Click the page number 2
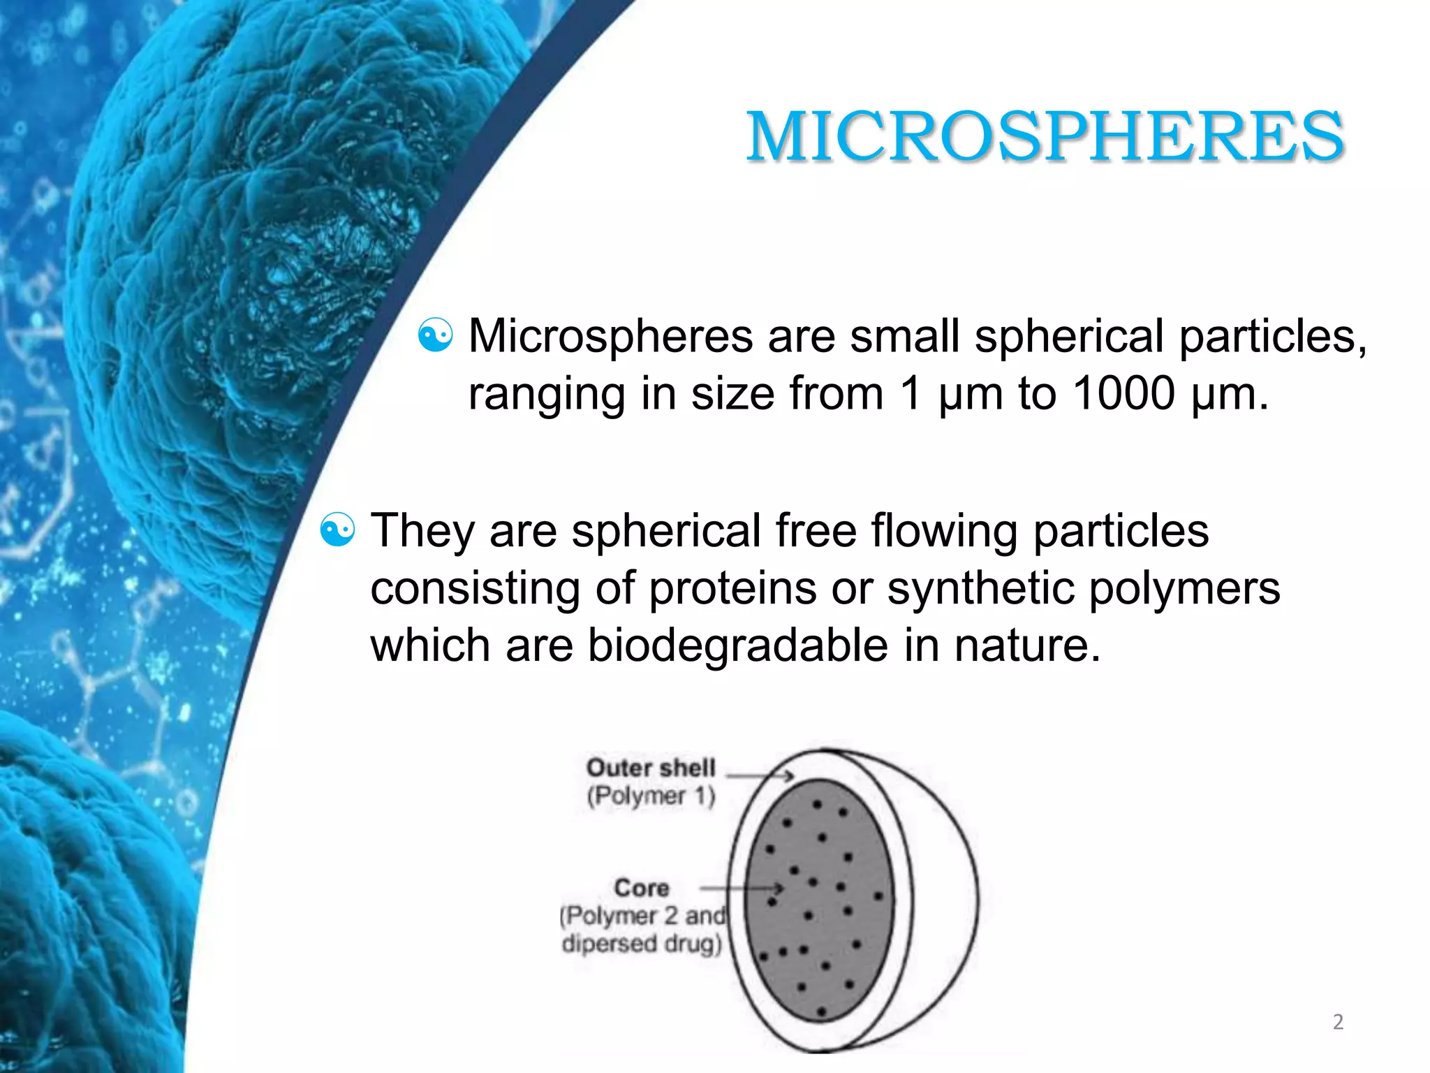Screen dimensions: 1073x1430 tap(1338, 1021)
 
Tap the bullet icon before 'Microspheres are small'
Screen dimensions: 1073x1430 tap(435, 335)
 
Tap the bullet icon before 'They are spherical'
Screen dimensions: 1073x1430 tap(337, 530)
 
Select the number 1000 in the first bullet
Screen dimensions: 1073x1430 tap(1123, 393)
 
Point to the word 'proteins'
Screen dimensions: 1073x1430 tap(733, 588)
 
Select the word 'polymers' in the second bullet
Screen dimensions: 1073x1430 tap(1184, 588)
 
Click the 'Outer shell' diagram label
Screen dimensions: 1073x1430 tap(651, 768)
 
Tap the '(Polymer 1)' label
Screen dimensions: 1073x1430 tap(651, 796)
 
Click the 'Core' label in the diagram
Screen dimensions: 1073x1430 tap(641, 888)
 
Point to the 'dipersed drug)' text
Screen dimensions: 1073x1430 tap(641, 944)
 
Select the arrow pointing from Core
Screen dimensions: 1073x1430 tap(742, 889)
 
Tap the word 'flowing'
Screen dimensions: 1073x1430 tap(944, 531)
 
